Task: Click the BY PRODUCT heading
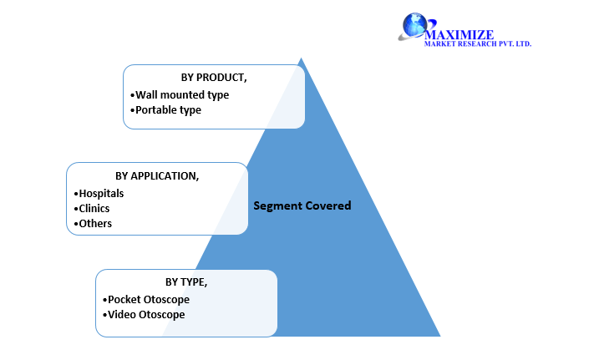point(214,77)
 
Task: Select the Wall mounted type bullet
point(180,94)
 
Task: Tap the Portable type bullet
point(166,109)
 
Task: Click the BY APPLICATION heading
point(157,175)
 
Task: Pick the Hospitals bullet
point(99,193)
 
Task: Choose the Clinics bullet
point(92,208)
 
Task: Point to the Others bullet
point(93,223)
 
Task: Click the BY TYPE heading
point(186,282)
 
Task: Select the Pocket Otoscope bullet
point(146,299)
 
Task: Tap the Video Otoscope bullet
point(144,314)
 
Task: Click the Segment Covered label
point(302,205)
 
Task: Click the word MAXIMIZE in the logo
point(459,34)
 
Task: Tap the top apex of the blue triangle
point(301,58)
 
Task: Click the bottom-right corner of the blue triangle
point(439,335)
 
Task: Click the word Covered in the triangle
point(328,205)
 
